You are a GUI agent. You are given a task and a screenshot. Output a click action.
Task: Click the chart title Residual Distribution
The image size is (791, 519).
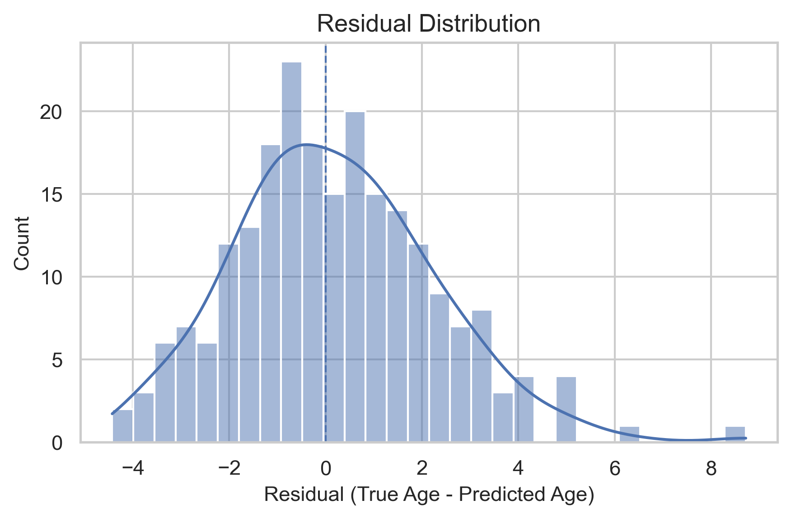click(428, 24)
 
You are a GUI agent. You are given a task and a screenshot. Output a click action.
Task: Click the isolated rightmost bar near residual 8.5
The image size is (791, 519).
click(735, 434)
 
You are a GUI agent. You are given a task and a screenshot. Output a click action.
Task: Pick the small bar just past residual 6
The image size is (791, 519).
click(629, 434)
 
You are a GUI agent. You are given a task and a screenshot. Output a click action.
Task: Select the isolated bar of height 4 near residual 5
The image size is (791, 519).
click(566, 409)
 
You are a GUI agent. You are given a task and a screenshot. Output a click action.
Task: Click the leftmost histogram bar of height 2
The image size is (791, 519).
click(122, 426)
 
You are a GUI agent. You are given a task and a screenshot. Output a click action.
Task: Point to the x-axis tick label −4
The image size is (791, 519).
click(132, 469)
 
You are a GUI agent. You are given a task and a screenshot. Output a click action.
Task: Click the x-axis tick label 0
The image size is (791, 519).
click(325, 469)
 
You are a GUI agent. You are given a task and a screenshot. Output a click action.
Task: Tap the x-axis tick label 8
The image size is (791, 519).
click(711, 469)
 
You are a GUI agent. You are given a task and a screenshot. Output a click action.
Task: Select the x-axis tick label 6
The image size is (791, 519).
click(614, 469)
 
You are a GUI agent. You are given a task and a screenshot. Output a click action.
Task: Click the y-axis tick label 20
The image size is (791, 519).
click(51, 112)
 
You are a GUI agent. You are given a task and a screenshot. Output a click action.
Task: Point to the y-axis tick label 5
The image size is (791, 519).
click(57, 360)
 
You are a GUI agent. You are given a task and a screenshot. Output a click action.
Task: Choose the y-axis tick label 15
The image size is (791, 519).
click(51, 195)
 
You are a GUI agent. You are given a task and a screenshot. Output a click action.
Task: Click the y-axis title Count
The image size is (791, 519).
click(22, 243)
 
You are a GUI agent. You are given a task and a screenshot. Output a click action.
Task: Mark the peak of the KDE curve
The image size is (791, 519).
click(307, 145)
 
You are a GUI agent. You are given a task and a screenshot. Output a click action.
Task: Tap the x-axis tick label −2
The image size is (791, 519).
click(229, 469)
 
